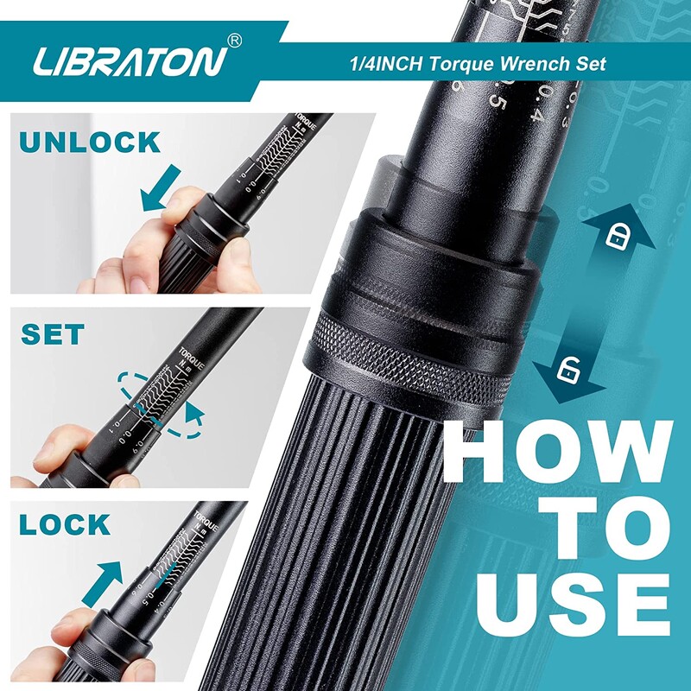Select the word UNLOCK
click(x=90, y=142)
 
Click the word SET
click(x=53, y=334)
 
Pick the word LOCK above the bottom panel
click(x=65, y=524)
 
